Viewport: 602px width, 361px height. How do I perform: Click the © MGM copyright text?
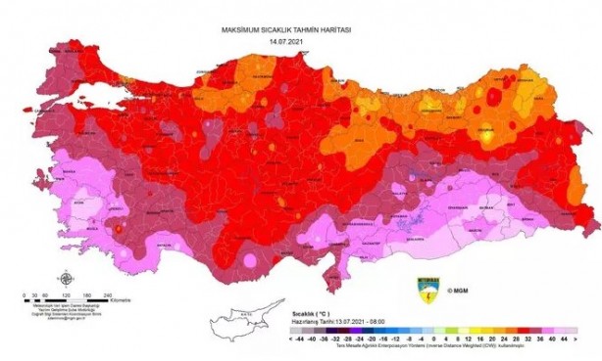(457, 291)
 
